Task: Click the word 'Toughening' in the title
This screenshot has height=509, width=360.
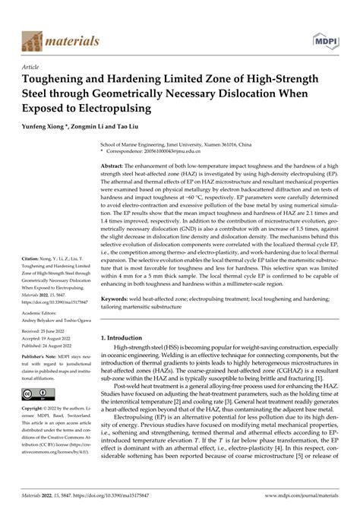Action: [x=59, y=79]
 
